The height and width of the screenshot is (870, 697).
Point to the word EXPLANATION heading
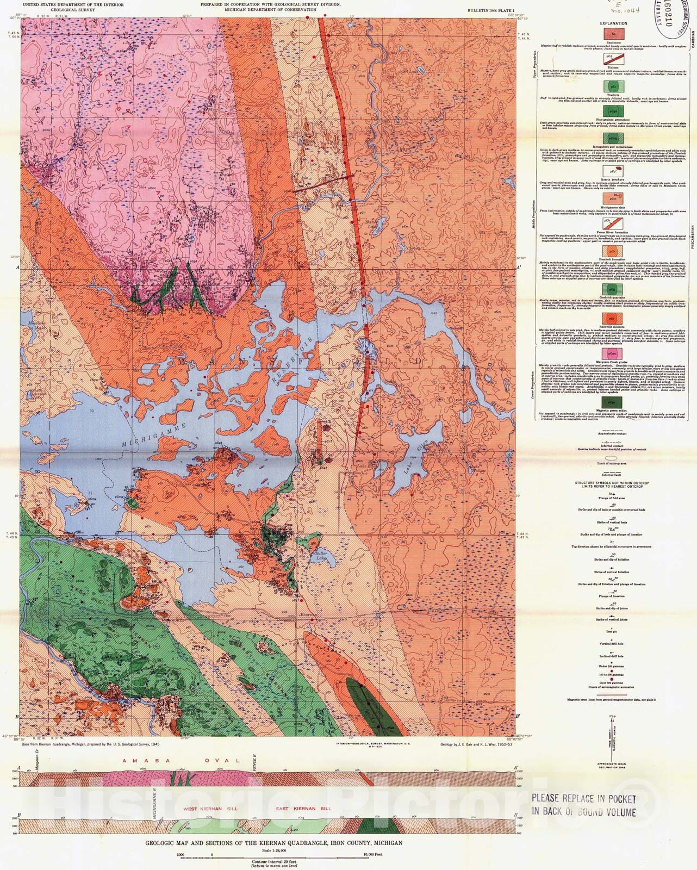(613, 23)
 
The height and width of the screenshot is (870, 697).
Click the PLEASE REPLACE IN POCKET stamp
(583, 805)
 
